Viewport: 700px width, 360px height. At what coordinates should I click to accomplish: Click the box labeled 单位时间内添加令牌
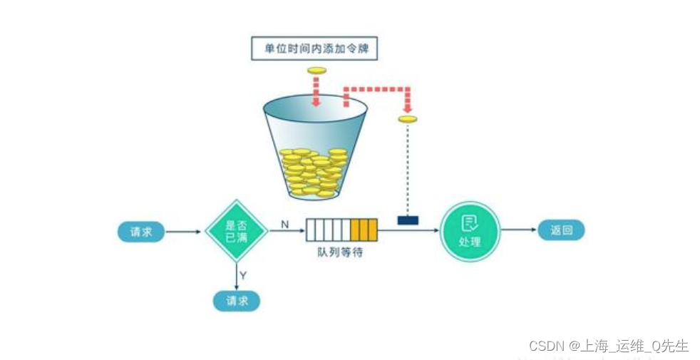(314, 48)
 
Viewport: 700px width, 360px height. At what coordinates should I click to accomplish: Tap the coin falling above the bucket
(316, 70)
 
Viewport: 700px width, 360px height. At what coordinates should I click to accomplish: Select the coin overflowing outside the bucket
(407, 118)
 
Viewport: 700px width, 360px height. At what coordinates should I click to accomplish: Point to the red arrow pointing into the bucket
(316, 92)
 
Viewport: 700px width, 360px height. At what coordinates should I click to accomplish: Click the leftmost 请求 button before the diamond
(141, 231)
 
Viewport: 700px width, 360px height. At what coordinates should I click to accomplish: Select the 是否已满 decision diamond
(236, 231)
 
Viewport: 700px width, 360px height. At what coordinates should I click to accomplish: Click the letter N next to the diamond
(284, 224)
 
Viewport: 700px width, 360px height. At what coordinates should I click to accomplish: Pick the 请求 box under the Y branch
(237, 301)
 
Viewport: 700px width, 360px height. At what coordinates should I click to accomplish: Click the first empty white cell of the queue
(312, 231)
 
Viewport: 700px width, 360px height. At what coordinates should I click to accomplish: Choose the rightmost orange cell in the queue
(371, 231)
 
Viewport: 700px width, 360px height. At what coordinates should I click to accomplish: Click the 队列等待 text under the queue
(340, 252)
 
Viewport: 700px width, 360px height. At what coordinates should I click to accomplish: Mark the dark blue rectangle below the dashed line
(408, 220)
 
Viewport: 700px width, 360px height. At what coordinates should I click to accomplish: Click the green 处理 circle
(470, 231)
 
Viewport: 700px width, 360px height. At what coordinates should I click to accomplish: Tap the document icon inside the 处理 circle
(470, 223)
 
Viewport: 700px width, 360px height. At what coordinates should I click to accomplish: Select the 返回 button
(561, 230)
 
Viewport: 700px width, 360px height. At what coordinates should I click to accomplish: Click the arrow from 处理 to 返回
(518, 230)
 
